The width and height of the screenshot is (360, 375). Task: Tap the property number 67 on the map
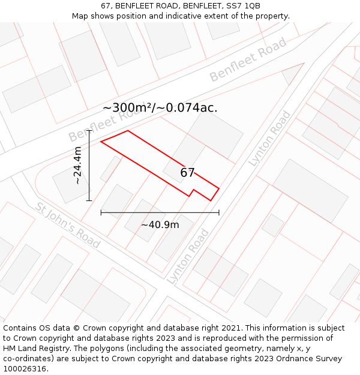point(187,173)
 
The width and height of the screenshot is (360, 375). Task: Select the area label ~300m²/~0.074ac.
point(160,108)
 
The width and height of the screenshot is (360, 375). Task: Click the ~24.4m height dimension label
point(77,165)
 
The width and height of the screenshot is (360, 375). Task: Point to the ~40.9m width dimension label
point(160,225)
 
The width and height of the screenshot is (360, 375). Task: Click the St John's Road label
point(67,225)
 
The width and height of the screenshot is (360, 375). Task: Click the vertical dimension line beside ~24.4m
point(89,165)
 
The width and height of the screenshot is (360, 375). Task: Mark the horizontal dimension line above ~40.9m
point(160,212)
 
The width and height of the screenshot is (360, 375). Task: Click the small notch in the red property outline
point(192,192)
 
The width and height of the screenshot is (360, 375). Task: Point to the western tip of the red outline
point(101,142)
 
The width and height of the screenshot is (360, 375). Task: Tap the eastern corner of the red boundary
point(218,189)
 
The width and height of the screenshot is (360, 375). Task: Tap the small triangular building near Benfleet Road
point(293,73)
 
